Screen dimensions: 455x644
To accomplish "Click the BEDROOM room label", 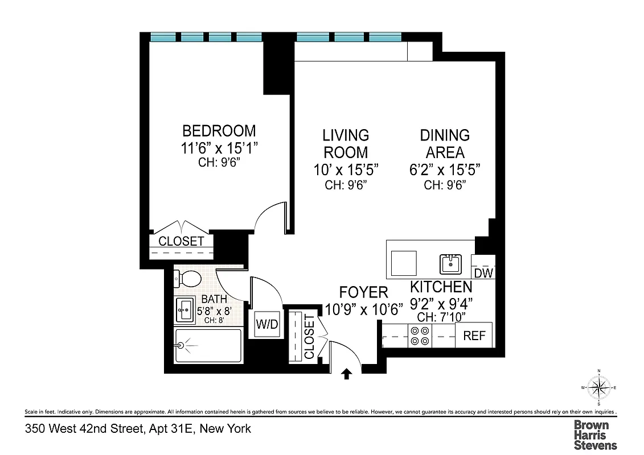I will point(219,131).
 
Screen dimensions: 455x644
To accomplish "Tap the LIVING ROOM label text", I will point(346,144).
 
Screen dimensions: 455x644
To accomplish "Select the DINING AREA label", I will point(445,144).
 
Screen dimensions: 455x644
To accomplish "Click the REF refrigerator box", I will point(474,336).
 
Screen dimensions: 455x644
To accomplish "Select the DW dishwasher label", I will point(483,273).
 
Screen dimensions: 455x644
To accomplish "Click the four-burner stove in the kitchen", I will point(420,336).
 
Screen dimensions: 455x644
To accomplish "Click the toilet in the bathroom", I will point(188,279).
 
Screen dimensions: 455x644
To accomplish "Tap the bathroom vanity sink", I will point(185,310).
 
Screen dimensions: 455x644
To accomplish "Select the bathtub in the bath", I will point(208,345).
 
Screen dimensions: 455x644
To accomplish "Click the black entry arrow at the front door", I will point(346,373).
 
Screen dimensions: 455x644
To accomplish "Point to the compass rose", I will point(598,388).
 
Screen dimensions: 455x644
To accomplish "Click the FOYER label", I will point(363,292).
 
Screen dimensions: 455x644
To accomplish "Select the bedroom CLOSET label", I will point(181,241).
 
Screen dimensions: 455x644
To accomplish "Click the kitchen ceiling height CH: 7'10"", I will point(441,316).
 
